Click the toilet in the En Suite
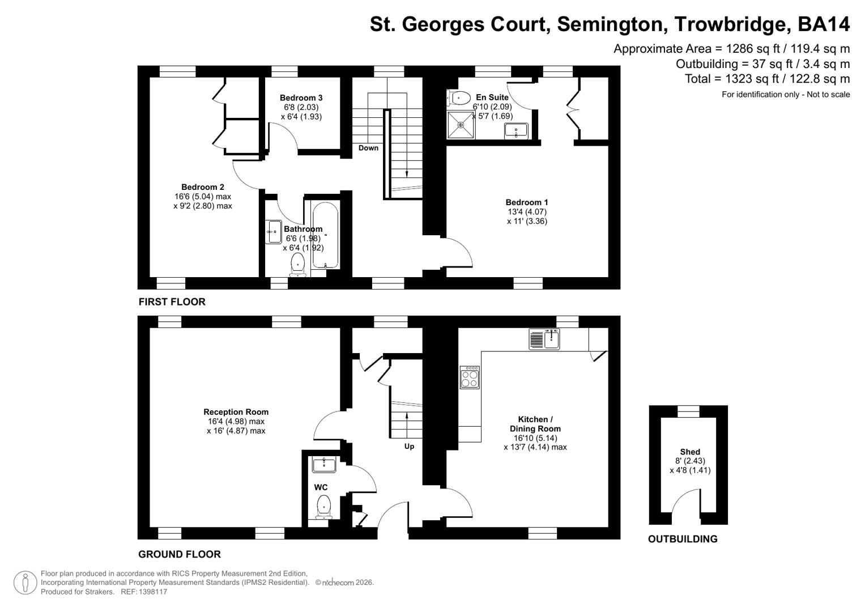pos(459,99)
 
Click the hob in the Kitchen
pos(470,377)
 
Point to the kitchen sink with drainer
pos(544,339)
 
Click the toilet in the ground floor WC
pos(323,506)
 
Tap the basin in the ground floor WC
pos(324,465)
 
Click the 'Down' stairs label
pos(368,148)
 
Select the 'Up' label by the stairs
pos(409,447)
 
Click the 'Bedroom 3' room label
pos(301,97)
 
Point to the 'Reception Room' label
pos(236,412)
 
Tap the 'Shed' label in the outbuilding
pos(690,452)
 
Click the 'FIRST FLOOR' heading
pos(172,302)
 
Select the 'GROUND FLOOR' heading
pos(180,554)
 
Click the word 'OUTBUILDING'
pos(683,539)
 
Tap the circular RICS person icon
pos(25,583)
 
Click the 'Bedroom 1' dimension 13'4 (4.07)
pos(527,212)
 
